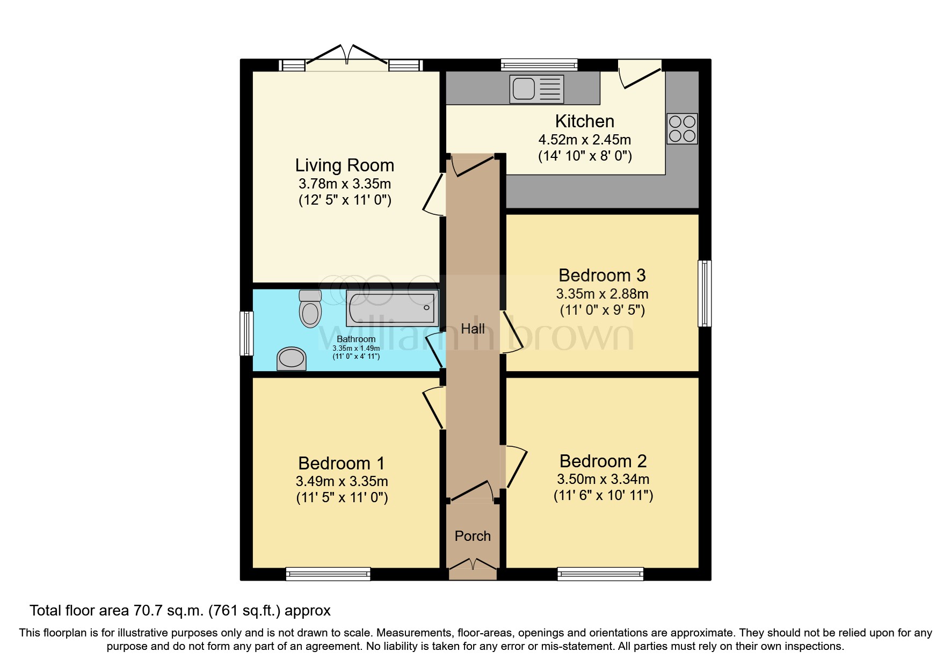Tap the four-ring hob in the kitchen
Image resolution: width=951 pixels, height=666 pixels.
click(x=682, y=128)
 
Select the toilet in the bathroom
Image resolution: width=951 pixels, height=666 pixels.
click(x=310, y=309)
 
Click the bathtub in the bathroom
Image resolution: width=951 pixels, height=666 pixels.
click(x=393, y=308)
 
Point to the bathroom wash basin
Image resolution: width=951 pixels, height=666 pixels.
click(x=291, y=359)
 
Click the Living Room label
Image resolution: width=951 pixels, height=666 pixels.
click(x=344, y=165)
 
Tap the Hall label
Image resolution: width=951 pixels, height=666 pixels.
click(x=473, y=329)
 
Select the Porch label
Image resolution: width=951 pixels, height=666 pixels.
click(x=473, y=536)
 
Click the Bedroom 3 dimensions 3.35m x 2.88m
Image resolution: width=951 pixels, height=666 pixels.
click(x=602, y=294)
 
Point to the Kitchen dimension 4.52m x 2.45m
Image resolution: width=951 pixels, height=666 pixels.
click(x=584, y=140)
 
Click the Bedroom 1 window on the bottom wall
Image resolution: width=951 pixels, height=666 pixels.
click(x=328, y=574)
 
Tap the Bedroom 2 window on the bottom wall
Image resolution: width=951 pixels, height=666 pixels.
click(x=600, y=574)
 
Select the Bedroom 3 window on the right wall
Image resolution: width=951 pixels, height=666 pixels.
click(x=705, y=293)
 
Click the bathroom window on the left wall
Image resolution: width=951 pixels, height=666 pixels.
click(x=246, y=334)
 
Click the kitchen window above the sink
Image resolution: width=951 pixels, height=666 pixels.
click(x=539, y=65)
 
